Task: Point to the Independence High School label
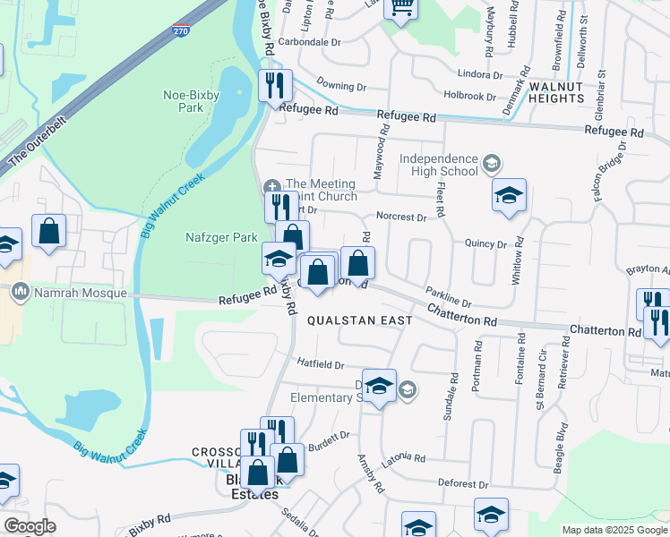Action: coord(439,165)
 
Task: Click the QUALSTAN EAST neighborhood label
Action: coord(360,320)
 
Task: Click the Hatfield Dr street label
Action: coord(321,364)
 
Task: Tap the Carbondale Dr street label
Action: coord(310,42)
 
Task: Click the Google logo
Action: coord(29,526)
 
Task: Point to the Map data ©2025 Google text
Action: coord(614,530)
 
